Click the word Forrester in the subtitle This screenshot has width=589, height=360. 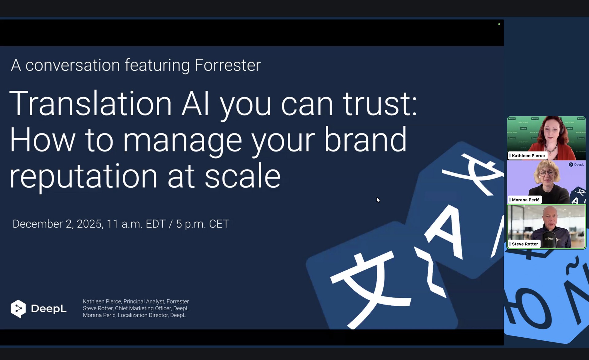click(228, 65)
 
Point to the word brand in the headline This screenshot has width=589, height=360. click(365, 140)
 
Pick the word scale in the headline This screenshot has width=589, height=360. click(242, 175)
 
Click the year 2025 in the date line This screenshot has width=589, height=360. click(89, 224)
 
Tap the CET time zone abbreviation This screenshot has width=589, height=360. click(219, 224)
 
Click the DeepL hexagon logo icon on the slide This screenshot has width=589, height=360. click(18, 309)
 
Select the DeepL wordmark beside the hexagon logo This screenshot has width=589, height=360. click(49, 308)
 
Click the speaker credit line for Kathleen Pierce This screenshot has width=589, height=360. click(136, 301)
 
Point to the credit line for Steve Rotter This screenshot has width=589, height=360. click(136, 308)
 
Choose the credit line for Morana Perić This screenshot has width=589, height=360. click(134, 315)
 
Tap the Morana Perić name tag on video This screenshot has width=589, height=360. click(525, 200)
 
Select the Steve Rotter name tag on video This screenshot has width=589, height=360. click(524, 244)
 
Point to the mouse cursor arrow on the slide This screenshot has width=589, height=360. click(378, 200)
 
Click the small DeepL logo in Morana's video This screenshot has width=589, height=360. click(576, 165)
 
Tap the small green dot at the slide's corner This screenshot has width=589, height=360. click(499, 24)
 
